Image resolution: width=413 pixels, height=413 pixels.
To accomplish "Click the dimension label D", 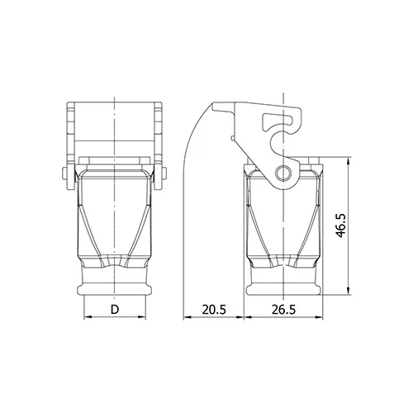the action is click(x=115, y=310).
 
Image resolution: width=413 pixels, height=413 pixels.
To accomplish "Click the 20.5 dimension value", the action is click(x=214, y=310).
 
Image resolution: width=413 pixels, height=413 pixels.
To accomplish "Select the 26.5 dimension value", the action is click(x=283, y=310).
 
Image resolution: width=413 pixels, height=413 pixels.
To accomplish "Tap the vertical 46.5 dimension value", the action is click(x=341, y=225).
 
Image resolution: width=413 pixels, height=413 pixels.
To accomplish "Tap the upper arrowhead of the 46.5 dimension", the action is click(x=349, y=161).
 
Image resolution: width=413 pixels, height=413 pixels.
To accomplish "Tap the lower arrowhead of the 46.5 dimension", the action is click(x=349, y=291).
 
